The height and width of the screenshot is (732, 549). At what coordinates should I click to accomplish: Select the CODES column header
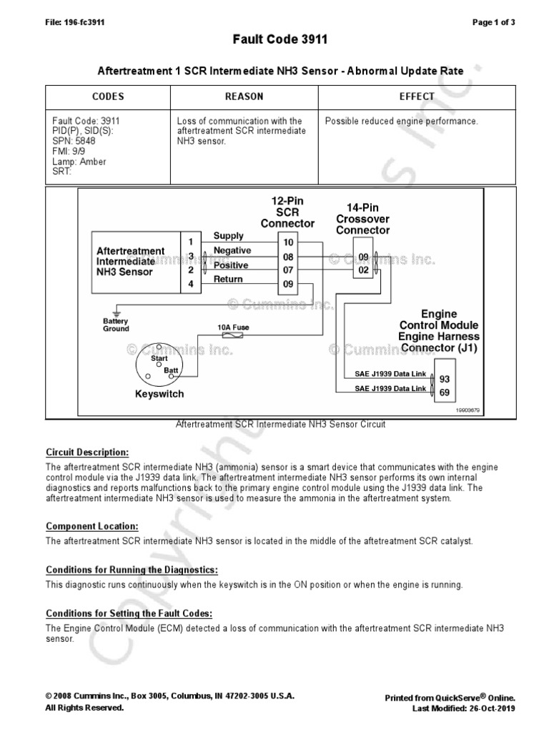click(x=109, y=97)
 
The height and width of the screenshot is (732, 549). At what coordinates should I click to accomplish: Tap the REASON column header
click(x=244, y=97)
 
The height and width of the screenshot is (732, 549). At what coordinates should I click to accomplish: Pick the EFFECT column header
click(x=417, y=97)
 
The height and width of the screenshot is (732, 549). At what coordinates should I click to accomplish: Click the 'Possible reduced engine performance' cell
click(x=402, y=122)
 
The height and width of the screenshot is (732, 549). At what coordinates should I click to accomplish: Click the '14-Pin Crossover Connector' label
click(x=362, y=219)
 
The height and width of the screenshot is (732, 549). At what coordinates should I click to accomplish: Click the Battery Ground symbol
click(x=117, y=314)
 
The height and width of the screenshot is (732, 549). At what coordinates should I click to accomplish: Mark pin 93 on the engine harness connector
click(x=444, y=379)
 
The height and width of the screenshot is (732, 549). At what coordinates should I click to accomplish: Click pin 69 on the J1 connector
click(x=444, y=392)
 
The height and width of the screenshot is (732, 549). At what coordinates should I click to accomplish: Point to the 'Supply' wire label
click(x=229, y=236)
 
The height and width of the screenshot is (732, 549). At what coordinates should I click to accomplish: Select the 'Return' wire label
click(x=229, y=280)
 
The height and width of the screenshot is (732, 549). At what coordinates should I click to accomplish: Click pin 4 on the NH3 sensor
click(x=191, y=284)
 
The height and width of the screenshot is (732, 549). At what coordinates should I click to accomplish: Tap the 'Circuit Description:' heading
click(x=87, y=452)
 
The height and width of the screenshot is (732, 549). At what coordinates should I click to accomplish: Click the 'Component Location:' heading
click(x=91, y=526)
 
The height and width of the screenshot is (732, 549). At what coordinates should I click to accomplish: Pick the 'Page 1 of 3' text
click(x=494, y=22)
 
